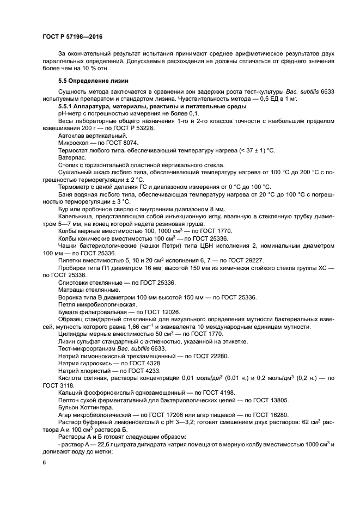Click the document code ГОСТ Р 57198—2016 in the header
(72, 36)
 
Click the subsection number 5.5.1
(67, 107)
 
